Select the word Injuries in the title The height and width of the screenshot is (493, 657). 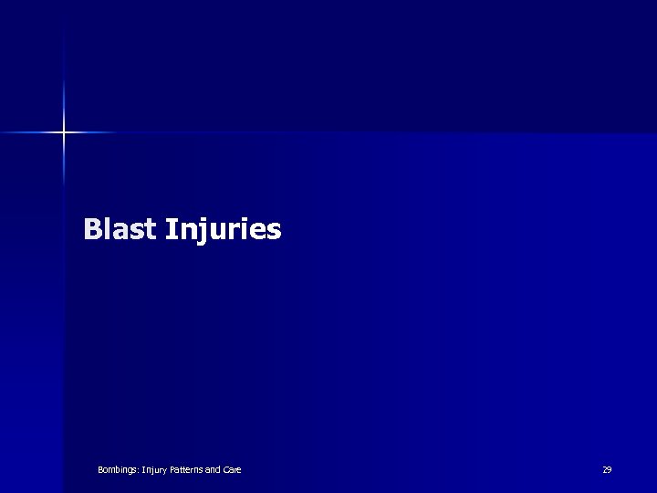point(224,230)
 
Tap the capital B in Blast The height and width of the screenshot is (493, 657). point(92,228)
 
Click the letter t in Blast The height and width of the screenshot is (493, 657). point(151,229)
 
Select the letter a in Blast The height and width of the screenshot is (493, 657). point(120,231)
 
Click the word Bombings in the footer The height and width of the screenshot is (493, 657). point(117,470)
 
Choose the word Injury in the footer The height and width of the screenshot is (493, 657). point(152,470)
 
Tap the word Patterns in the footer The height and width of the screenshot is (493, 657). point(186,470)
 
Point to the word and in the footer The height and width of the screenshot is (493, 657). point(214,470)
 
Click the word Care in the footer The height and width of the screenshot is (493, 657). point(233,470)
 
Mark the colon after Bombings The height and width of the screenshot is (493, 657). point(137,471)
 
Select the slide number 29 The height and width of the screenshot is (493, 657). point(607,470)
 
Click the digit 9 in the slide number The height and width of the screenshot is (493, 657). point(610,470)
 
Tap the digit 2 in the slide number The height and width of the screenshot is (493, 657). point(604,470)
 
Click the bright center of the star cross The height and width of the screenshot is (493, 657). point(64,133)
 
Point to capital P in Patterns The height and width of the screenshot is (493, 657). point(171,470)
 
